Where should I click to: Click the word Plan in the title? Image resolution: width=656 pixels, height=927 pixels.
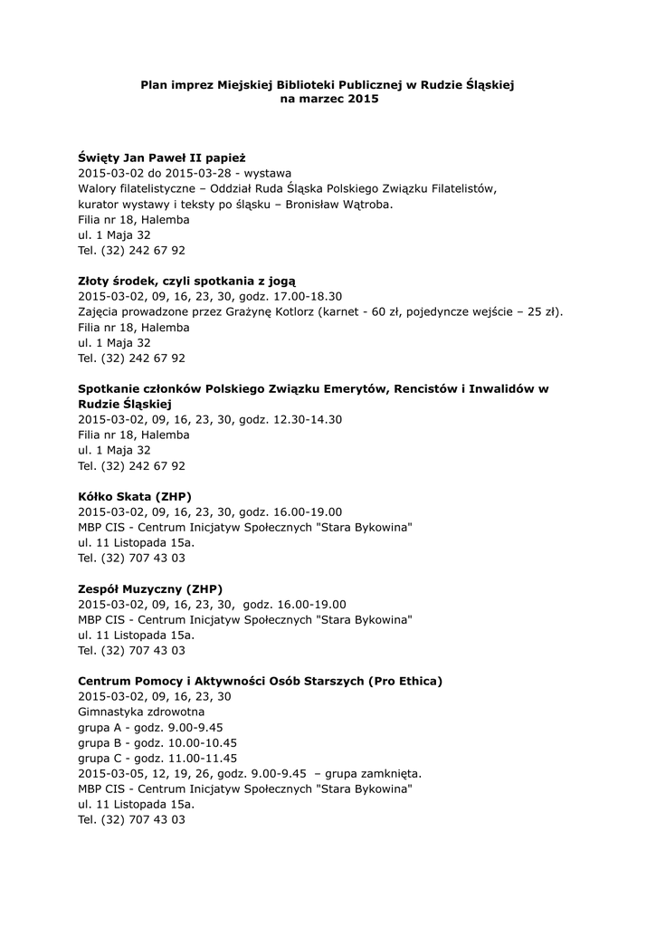click(154, 84)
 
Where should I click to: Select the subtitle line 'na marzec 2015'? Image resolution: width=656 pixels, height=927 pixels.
click(328, 99)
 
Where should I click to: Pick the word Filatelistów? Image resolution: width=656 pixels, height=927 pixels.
click(461, 188)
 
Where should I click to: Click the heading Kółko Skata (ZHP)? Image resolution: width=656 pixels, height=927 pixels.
click(134, 497)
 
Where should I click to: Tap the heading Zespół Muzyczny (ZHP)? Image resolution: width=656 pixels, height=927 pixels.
click(149, 588)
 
